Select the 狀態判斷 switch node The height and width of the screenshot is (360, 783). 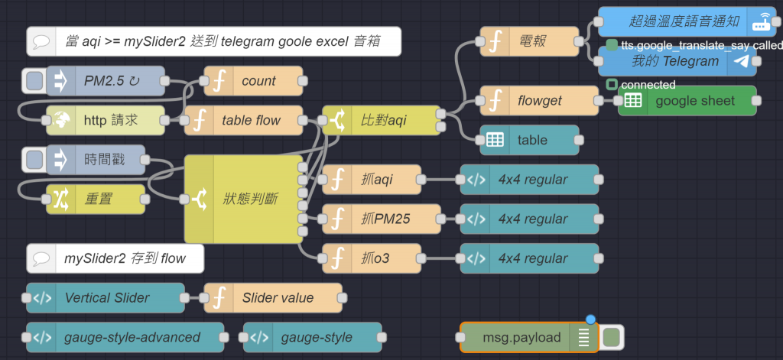[245, 199]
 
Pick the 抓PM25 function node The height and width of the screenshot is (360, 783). [382, 219]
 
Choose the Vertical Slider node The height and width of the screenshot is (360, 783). [106, 297]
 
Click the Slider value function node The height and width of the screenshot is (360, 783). [275, 297]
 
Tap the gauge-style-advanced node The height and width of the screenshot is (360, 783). [125, 337]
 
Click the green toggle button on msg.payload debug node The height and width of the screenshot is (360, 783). [612, 337]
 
